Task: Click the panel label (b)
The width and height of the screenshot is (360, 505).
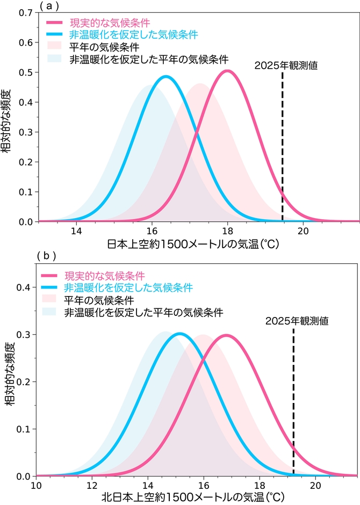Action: pos(46,256)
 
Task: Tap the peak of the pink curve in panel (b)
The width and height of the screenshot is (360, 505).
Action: pos(227,335)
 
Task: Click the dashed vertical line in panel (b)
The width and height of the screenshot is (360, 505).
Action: pos(293,403)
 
